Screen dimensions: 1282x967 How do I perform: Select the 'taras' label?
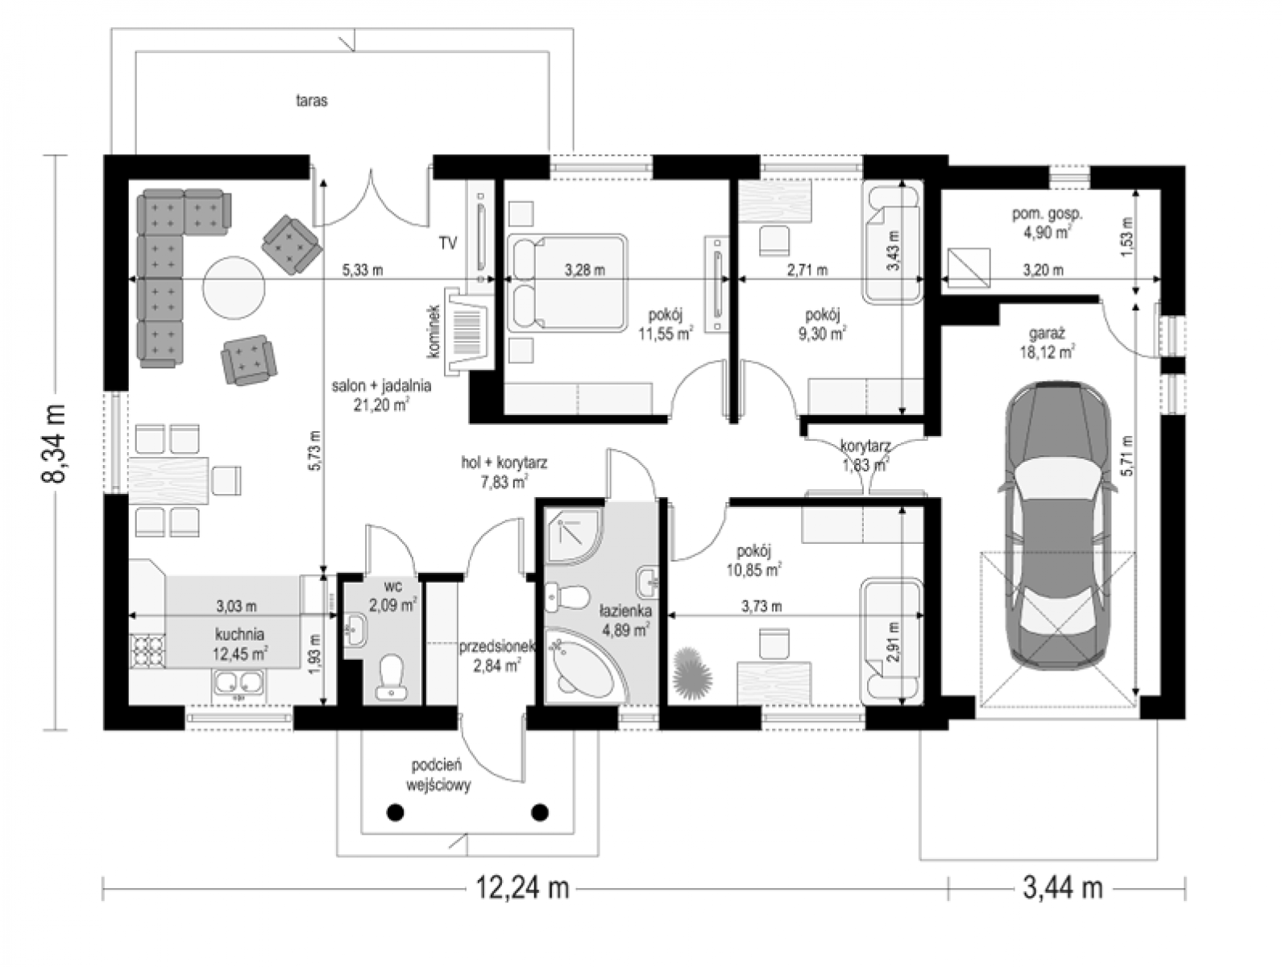tap(311, 101)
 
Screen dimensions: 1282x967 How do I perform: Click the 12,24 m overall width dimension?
tap(522, 888)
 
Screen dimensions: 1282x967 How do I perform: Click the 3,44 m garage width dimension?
tap(1063, 888)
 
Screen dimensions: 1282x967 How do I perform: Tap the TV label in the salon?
tap(448, 243)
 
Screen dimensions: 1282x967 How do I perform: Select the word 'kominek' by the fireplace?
tap(434, 331)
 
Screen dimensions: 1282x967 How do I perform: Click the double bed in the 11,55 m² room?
tap(566, 283)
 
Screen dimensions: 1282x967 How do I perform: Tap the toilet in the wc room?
tap(390, 678)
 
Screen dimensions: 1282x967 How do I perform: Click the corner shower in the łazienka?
tap(572, 535)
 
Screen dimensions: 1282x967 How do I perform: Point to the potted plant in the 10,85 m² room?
tap(693, 670)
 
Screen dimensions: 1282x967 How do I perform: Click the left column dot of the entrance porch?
tap(396, 811)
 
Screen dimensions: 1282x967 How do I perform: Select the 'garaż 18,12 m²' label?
tap(1048, 342)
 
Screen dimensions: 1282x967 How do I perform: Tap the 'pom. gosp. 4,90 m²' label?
tap(1047, 222)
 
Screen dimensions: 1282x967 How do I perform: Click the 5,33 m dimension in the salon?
tap(363, 270)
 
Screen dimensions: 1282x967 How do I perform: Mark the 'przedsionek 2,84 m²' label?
tap(497, 656)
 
